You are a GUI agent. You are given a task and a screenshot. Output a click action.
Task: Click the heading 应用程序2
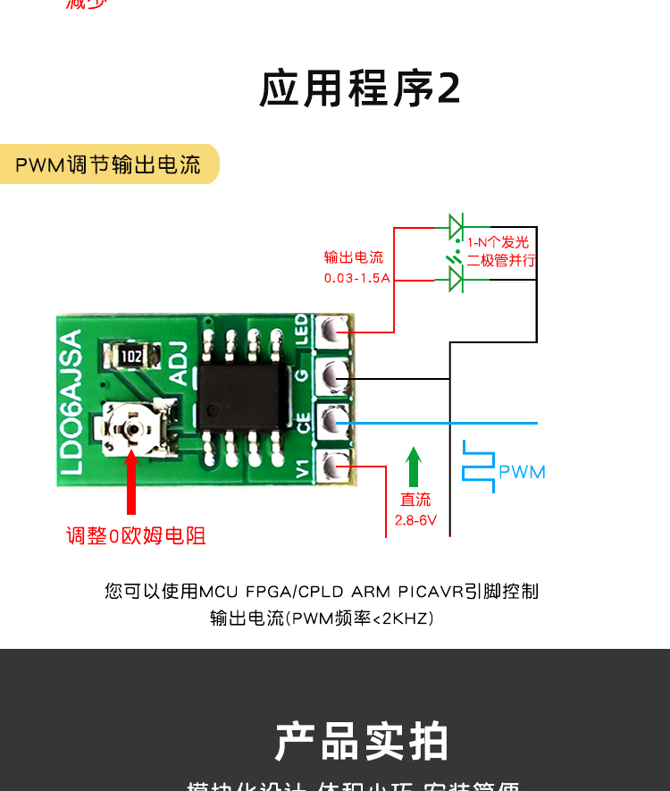(360, 88)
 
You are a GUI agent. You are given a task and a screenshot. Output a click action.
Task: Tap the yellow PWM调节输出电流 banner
(108, 164)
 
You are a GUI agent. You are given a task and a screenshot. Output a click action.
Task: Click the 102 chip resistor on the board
(131, 357)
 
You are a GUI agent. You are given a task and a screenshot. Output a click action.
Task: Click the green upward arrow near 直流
(413, 467)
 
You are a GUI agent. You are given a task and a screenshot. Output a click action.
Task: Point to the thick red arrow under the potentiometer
(131, 487)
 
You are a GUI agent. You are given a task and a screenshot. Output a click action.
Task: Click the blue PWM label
(522, 472)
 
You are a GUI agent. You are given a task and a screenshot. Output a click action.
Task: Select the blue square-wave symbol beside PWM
(478, 466)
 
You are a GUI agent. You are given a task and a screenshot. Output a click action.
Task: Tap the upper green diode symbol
(456, 224)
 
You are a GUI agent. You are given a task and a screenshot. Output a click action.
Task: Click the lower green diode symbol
(456, 280)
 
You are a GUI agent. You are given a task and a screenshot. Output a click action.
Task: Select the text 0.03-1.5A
(357, 278)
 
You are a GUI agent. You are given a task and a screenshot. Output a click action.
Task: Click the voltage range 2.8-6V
(415, 519)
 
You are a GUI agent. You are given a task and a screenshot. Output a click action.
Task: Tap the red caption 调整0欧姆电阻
(136, 536)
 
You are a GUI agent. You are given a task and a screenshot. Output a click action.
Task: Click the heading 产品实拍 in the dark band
(361, 742)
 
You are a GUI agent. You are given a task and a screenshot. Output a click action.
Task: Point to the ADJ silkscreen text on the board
(179, 364)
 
